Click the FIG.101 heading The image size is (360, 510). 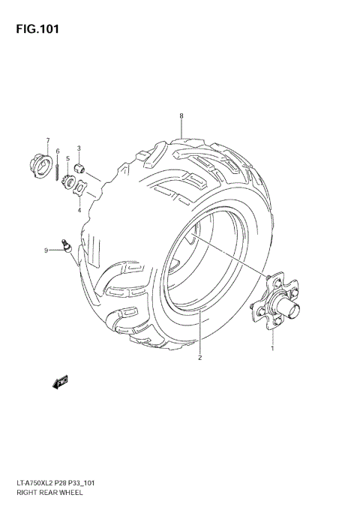pyautogui.click(x=34, y=29)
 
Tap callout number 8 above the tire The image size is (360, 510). pyautogui.click(x=181, y=115)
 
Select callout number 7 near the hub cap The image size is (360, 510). pyautogui.click(x=46, y=140)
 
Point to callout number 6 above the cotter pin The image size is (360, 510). pyautogui.click(x=57, y=151)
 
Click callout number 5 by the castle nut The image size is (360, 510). pyautogui.click(x=67, y=159)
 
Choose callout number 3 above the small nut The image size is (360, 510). pyautogui.click(x=79, y=148)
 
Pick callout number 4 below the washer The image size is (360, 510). pyautogui.click(x=79, y=211)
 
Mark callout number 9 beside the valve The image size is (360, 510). pyautogui.click(x=46, y=250)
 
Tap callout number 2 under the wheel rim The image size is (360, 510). pyautogui.click(x=200, y=358)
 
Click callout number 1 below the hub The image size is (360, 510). pyautogui.click(x=272, y=348)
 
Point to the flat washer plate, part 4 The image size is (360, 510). pyautogui.click(x=82, y=188)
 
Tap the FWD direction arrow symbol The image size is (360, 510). pyautogui.click(x=61, y=382)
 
